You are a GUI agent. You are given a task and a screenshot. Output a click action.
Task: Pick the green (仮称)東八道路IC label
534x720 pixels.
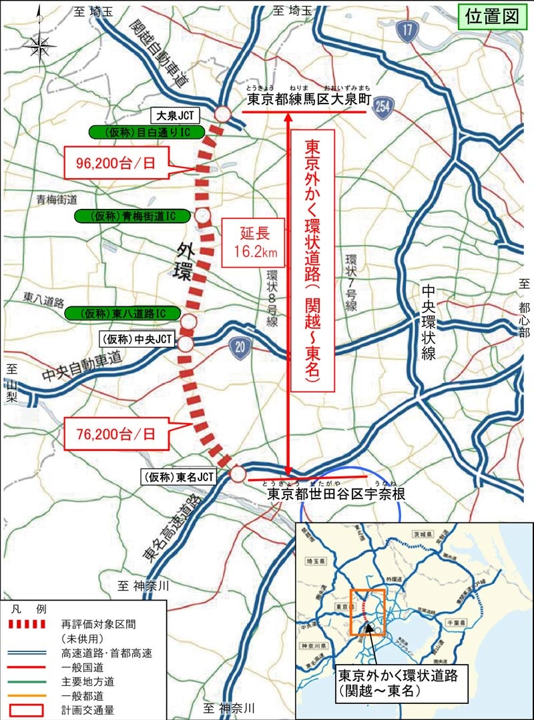[114, 313]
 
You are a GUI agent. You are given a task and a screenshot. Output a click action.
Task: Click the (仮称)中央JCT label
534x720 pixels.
[136, 340]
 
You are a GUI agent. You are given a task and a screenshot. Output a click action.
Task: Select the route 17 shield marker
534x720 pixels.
[406, 29]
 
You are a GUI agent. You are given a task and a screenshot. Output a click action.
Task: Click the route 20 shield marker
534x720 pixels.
[238, 345]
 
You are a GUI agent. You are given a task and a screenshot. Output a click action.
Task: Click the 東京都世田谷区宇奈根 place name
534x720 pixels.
[334, 494]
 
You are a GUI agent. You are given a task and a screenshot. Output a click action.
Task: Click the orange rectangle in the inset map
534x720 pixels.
[366, 612]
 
